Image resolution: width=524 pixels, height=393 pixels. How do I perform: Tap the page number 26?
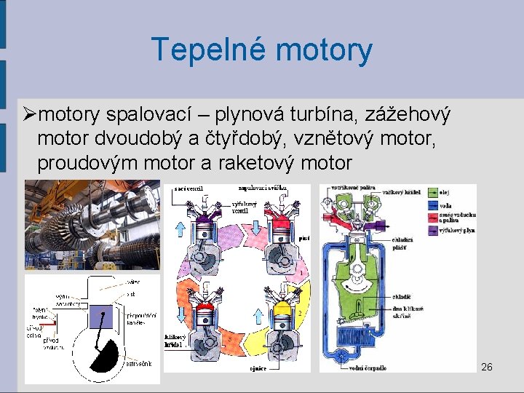487,367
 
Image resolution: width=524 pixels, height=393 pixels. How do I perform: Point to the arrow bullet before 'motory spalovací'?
28,115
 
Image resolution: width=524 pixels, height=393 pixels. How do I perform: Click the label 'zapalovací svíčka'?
263,187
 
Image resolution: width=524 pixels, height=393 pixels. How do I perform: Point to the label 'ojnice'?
258,368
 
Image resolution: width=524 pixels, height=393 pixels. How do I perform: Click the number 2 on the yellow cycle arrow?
299,313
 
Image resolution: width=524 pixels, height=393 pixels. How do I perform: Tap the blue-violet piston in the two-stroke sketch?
103,315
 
